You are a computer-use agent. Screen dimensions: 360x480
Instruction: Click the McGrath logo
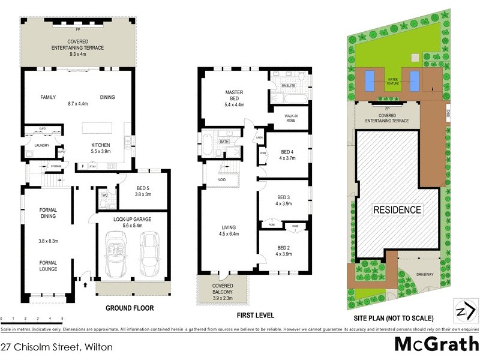click(x=436, y=344)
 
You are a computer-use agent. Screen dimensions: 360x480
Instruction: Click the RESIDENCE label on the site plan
click(x=397, y=210)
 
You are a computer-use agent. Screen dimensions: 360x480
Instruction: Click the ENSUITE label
click(x=289, y=85)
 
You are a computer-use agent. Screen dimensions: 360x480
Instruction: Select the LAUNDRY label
click(x=41, y=145)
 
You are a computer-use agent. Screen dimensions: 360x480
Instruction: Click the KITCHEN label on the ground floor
click(x=100, y=145)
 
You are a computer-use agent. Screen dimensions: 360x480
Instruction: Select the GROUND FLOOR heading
click(x=130, y=308)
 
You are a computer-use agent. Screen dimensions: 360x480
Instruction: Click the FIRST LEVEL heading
click(x=256, y=316)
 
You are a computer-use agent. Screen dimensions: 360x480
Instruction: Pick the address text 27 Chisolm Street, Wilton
click(x=56, y=347)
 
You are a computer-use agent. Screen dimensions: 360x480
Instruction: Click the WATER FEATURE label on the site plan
click(x=394, y=80)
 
